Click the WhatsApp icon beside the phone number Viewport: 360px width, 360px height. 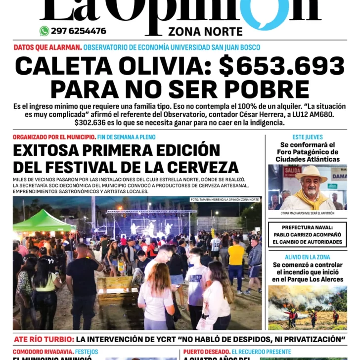pyautogui.click(x=45, y=31)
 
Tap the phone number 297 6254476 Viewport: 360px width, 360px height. pyautogui.click(x=78, y=31)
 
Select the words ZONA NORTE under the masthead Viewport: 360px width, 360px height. pyautogui.click(x=205, y=31)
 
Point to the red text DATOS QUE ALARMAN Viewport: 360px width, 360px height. pyautogui.click(x=47, y=47)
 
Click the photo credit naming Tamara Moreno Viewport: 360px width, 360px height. pyautogui.click(x=225, y=200)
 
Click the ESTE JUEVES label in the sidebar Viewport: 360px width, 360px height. pyautogui.click(x=307, y=137)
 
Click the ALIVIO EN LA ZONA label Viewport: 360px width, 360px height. pyautogui.click(x=307, y=257)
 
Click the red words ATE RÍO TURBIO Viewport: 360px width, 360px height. pyautogui.click(x=44, y=339)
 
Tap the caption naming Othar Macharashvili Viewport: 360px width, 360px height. pyautogui.click(x=307, y=213)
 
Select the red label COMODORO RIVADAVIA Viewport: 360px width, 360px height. pyautogui.click(x=43, y=352)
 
